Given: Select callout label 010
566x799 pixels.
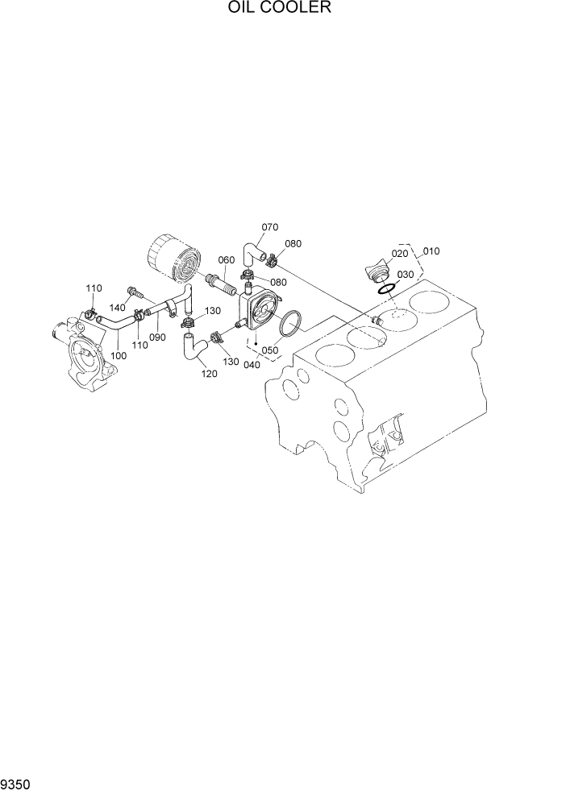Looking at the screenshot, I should coord(431,251).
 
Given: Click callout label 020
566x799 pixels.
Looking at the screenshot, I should coord(401,254).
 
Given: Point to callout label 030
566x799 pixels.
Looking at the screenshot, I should coord(405,275).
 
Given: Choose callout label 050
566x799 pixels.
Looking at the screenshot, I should coord(269,350).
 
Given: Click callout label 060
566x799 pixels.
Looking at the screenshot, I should coord(226,259).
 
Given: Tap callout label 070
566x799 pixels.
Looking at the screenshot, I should coord(269,227).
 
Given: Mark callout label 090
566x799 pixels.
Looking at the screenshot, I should coord(157,337).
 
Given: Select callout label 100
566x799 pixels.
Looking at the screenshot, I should coord(119,355).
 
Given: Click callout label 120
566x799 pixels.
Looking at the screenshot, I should coord(208,374).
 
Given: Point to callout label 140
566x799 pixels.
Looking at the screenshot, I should coord(118,308).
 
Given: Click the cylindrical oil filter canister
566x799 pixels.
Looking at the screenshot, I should coord(173,258).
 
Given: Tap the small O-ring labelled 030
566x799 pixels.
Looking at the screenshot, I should coord(385,289).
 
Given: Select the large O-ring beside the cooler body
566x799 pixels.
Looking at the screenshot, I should coord(289,325).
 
